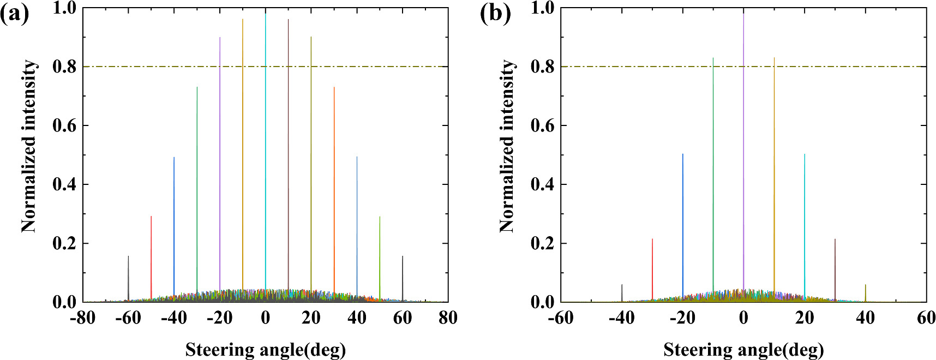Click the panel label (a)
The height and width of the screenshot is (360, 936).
click(x=15, y=13)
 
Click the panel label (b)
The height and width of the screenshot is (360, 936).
click(x=495, y=13)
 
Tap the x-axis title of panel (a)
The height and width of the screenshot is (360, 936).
click(x=266, y=349)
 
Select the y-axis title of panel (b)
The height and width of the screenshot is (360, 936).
click(x=507, y=146)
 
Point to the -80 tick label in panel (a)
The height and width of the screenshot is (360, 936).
click(x=83, y=317)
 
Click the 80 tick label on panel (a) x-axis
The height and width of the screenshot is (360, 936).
click(x=448, y=317)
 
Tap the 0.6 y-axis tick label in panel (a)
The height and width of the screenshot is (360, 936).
click(x=64, y=125)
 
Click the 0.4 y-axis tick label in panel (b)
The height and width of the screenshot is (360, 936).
click(x=543, y=184)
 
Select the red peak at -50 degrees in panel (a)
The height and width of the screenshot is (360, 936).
click(x=151, y=256)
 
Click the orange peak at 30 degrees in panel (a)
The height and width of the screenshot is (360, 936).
click(x=334, y=191)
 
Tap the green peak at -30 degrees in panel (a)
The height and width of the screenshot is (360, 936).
click(x=197, y=191)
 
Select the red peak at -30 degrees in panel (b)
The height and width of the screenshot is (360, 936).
click(x=652, y=267)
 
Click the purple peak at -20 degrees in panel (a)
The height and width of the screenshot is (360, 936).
click(x=220, y=164)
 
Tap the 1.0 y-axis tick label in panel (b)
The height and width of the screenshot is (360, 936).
click(x=543, y=8)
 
